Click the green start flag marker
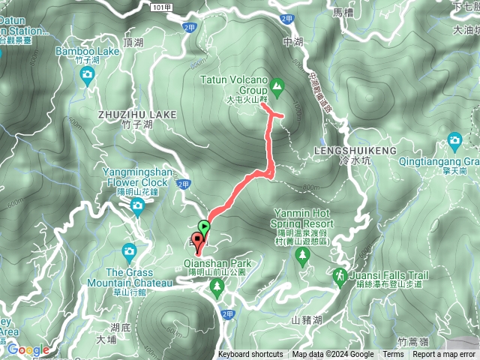point(204,224)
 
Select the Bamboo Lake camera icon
point(88,74)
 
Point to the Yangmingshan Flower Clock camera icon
point(137,208)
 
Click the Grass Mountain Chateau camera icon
point(130,250)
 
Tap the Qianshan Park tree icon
point(218,288)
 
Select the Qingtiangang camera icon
point(454,140)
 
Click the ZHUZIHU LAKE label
point(136,114)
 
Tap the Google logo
point(28,349)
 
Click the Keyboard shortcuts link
point(250,355)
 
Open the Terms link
point(393,355)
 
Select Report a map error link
point(444,355)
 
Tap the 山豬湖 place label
point(306,320)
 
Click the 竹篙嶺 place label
point(413,341)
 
